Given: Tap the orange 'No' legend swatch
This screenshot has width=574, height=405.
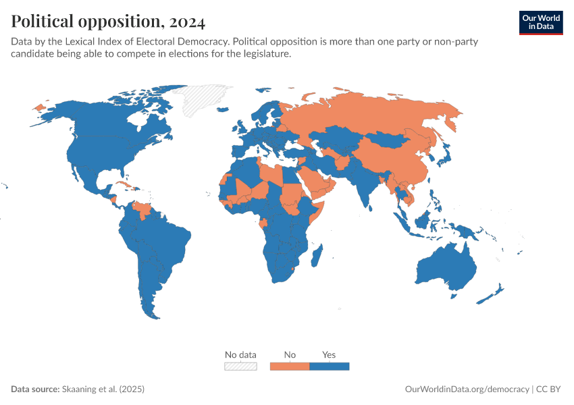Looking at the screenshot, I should pos(290,367).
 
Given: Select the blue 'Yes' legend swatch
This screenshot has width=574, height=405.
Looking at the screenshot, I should pos(329,367).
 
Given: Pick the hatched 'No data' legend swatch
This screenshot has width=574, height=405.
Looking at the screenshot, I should pos(240,367).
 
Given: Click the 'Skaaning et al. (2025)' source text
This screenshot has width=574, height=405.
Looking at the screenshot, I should pos(103,389).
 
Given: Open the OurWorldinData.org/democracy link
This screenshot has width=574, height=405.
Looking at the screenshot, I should pos(467,389).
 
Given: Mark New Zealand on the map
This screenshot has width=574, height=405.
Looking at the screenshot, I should pos(492,294).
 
